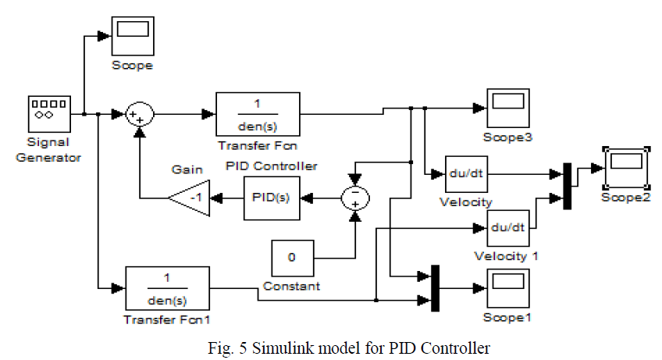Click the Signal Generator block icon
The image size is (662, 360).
point(50,114)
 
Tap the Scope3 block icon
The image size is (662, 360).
point(508,109)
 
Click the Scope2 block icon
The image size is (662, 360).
point(627,166)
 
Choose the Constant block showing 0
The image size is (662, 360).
point(292,257)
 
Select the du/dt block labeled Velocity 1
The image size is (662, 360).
point(508,229)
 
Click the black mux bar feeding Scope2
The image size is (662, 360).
point(567,185)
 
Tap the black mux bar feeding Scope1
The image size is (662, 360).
point(435,287)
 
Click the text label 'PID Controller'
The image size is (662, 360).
point(272,166)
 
